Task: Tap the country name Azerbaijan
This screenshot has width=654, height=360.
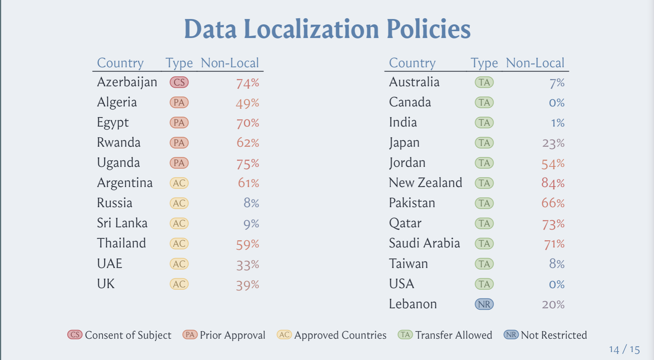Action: click(x=127, y=82)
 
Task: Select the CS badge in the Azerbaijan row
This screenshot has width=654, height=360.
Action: click(x=179, y=82)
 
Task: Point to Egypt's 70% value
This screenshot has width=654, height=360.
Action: click(x=248, y=123)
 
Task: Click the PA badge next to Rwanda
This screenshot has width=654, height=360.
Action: click(x=179, y=143)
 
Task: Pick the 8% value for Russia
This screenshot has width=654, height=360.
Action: click(x=251, y=203)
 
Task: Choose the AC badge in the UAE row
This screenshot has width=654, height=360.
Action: click(x=179, y=264)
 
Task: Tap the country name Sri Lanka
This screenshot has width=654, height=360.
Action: click(x=122, y=223)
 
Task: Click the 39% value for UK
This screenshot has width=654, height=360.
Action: click(x=248, y=285)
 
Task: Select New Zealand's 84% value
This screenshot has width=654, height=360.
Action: click(x=553, y=184)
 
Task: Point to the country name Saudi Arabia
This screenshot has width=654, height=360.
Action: click(x=424, y=243)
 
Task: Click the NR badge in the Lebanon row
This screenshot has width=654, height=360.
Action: click(x=484, y=304)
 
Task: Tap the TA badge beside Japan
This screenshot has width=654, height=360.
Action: click(x=484, y=143)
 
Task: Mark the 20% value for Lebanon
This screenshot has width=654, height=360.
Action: click(x=553, y=305)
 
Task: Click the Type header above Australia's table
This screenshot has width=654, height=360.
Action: click(x=484, y=63)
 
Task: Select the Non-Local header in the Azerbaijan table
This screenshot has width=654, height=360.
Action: click(x=230, y=63)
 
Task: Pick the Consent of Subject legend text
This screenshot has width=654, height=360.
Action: click(x=128, y=335)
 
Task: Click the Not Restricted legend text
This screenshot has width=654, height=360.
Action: click(x=554, y=335)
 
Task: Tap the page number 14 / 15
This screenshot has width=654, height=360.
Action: click(x=624, y=349)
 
